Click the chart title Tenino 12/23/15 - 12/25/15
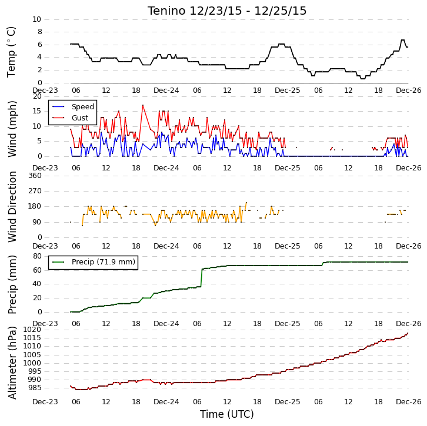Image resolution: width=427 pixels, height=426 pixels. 227,11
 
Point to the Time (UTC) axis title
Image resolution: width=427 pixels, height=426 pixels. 227,414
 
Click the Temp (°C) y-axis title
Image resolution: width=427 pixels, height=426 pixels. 11,52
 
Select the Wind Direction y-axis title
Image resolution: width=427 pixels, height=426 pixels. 12,207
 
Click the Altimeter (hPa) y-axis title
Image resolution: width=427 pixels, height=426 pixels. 12,363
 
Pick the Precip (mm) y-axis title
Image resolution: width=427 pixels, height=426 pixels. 12,284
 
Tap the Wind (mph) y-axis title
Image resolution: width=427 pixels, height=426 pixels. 12,129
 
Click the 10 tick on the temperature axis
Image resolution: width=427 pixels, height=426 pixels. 37,19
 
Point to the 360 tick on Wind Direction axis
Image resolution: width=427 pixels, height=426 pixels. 35,176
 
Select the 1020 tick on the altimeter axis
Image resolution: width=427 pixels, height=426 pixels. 32,330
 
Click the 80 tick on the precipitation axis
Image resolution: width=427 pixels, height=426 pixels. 37,256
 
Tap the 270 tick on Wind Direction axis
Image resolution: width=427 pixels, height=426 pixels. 35,191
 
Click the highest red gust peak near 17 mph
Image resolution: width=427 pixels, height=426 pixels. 143,105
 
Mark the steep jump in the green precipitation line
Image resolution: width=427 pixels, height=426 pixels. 202,278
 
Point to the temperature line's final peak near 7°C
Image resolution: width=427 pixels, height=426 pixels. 402,40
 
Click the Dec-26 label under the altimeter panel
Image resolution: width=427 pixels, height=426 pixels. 409,402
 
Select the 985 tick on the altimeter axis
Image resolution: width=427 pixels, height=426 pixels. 35,388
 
